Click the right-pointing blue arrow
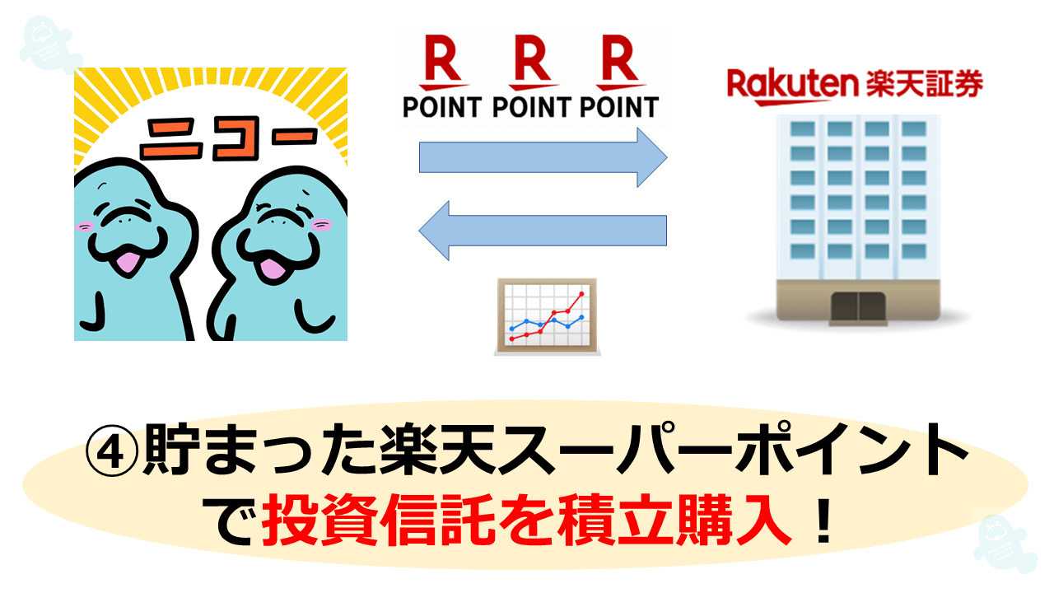543,157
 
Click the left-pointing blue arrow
543,231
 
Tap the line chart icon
548,316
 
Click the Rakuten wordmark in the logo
793,87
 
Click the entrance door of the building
858,307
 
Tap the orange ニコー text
229,137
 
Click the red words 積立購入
674,521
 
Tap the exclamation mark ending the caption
823,521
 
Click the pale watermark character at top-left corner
50,44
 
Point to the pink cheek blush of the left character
84,226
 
